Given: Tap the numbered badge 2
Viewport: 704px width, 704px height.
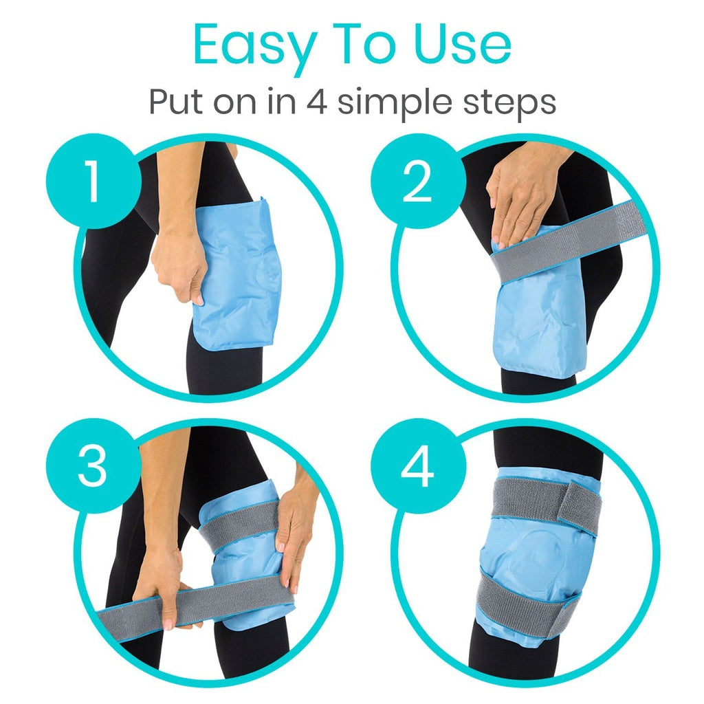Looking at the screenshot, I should (x=417, y=182).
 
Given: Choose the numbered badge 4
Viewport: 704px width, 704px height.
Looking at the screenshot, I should (x=417, y=465).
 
